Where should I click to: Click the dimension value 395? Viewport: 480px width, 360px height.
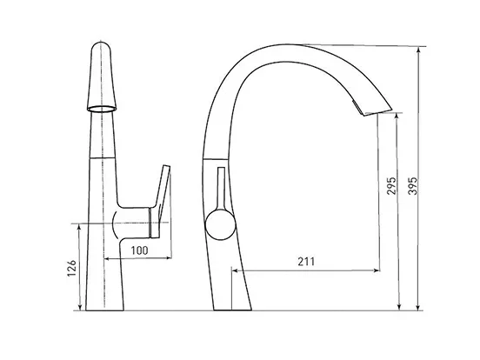tap(413, 185)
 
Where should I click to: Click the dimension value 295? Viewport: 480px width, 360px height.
tap(391, 185)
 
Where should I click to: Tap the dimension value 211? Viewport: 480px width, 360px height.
tap(306, 262)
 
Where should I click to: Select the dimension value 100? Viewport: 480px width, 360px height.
tap(140, 250)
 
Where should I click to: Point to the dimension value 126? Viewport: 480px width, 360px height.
tap(71, 268)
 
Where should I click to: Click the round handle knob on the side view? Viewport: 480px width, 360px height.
tap(220, 224)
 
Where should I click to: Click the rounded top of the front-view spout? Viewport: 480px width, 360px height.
tap(102, 47)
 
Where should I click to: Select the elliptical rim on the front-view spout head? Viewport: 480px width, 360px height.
tap(102, 109)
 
